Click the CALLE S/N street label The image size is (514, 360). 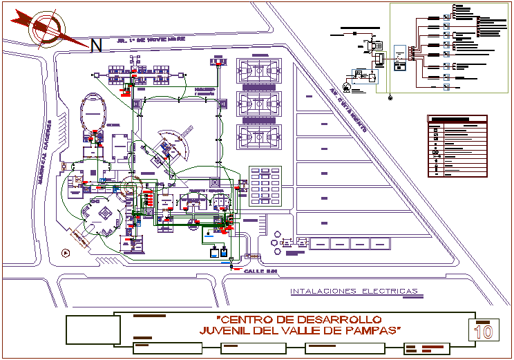coord(260,272)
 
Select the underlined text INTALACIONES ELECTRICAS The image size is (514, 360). coord(354,291)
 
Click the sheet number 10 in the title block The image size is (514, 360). coord(484,331)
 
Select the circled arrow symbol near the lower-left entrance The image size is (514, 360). coord(66,252)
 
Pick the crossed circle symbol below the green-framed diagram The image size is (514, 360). coord(390,98)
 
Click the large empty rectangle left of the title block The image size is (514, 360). coord(90,330)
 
